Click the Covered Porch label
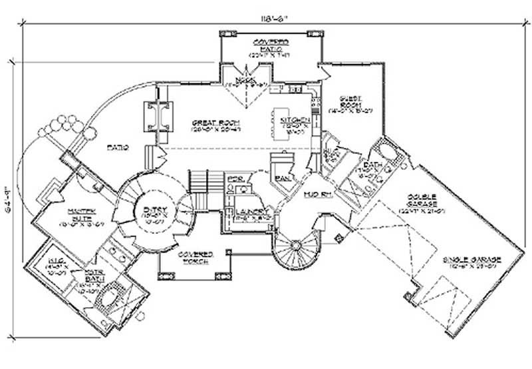pyautogui.click(x=194, y=259)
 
